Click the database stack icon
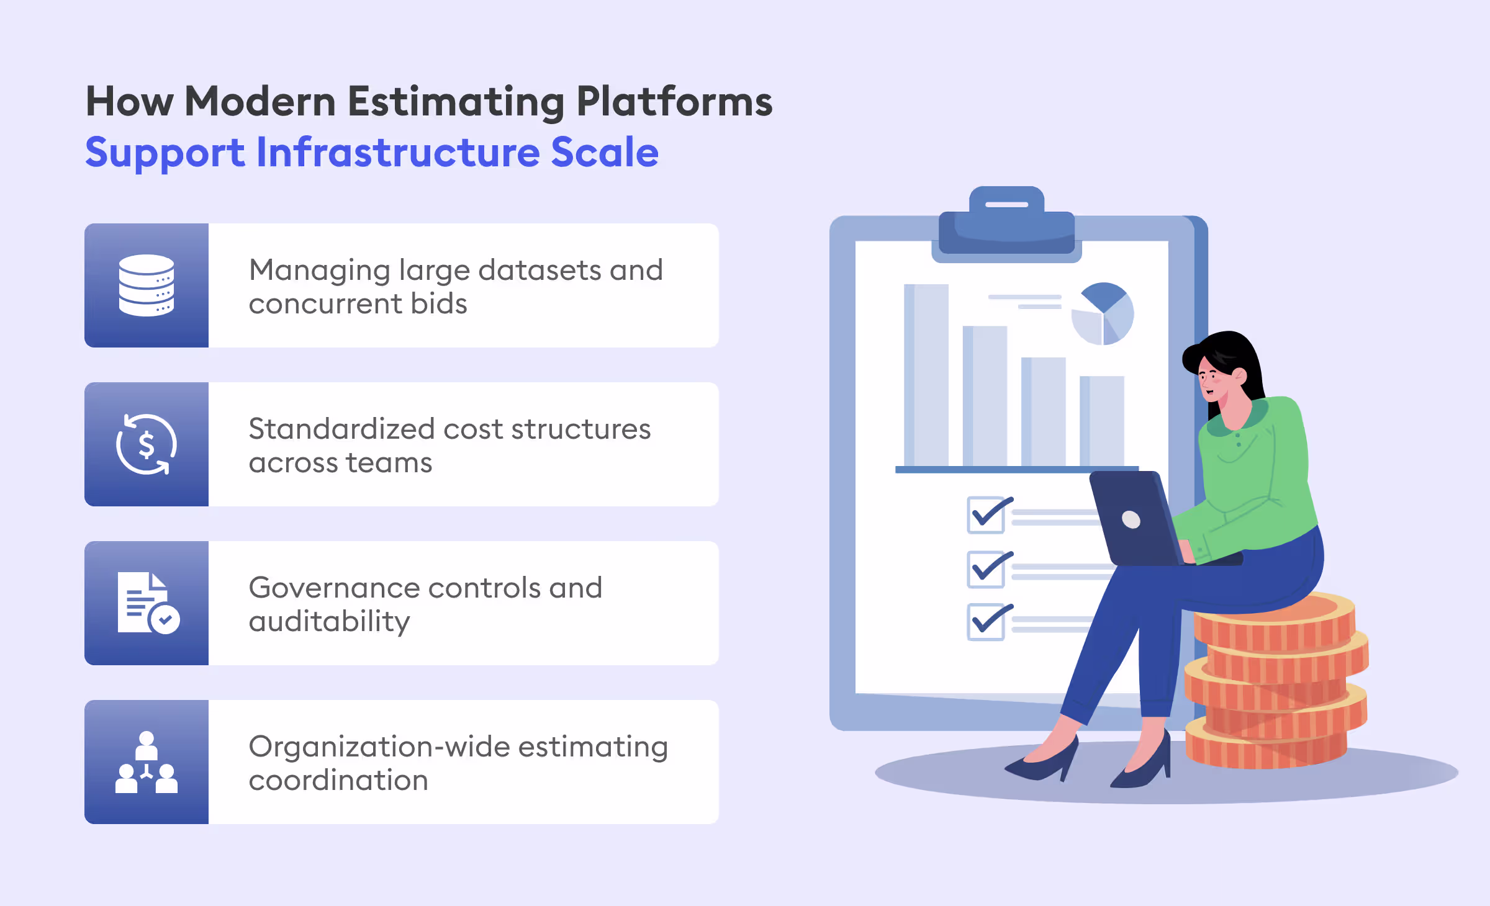coord(147,285)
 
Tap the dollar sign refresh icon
coord(147,444)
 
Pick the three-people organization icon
coord(147,762)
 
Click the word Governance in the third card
coord(333,588)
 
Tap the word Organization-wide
coord(379,747)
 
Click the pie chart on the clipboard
coord(1103,314)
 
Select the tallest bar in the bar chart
coord(926,375)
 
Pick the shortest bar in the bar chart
coord(1102,421)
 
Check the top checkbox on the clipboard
coord(986,515)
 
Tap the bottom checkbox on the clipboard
coord(986,622)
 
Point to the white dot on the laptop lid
coord(1131,519)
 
